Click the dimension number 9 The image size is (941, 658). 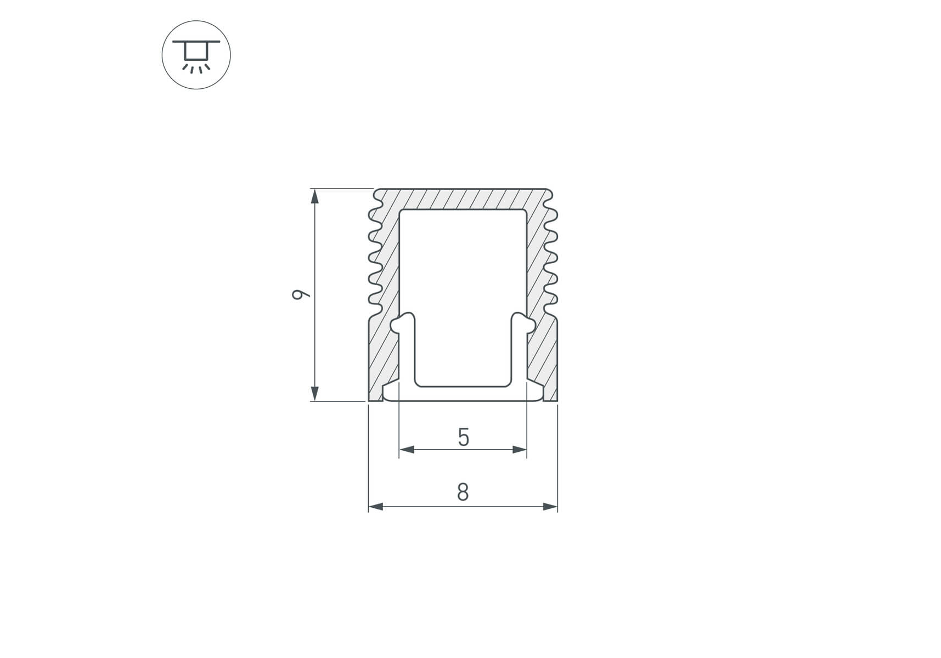(x=300, y=294)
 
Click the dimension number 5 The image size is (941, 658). (x=464, y=438)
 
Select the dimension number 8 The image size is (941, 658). (x=463, y=492)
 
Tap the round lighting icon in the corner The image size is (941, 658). (x=196, y=55)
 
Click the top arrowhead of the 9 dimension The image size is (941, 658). (x=315, y=196)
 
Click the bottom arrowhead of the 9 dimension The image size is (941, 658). (x=315, y=394)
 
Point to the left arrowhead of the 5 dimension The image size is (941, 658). (x=407, y=450)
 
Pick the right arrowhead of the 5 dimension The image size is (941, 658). (x=519, y=450)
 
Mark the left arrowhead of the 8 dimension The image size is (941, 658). (x=376, y=507)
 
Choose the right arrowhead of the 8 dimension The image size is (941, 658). (x=550, y=507)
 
